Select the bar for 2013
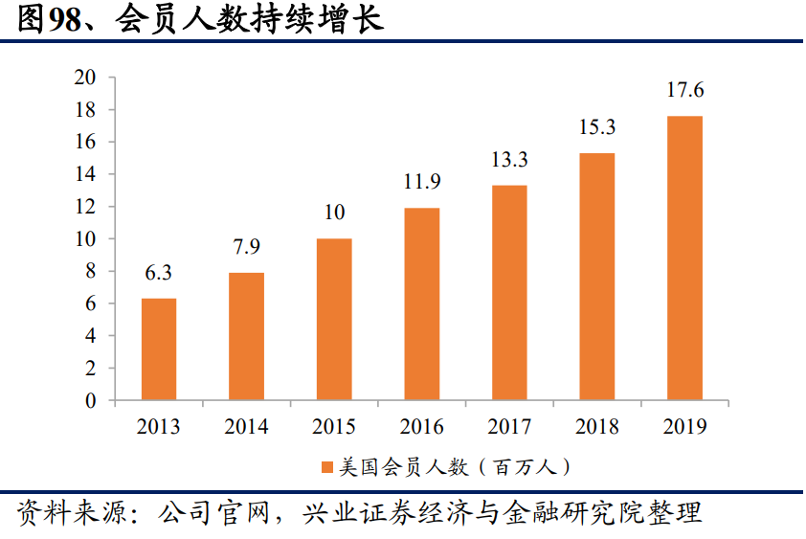(159, 349)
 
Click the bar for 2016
(422, 304)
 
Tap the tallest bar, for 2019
(685, 258)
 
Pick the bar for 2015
(334, 320)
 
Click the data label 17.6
(685, 91)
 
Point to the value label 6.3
(159, 273)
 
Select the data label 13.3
(509, 160)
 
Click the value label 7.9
(246, 247)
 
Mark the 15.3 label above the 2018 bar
(597, 127)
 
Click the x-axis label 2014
(246, 427)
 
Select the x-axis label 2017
(509, 427)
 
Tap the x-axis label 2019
(685, 427)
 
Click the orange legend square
(326, 467)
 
